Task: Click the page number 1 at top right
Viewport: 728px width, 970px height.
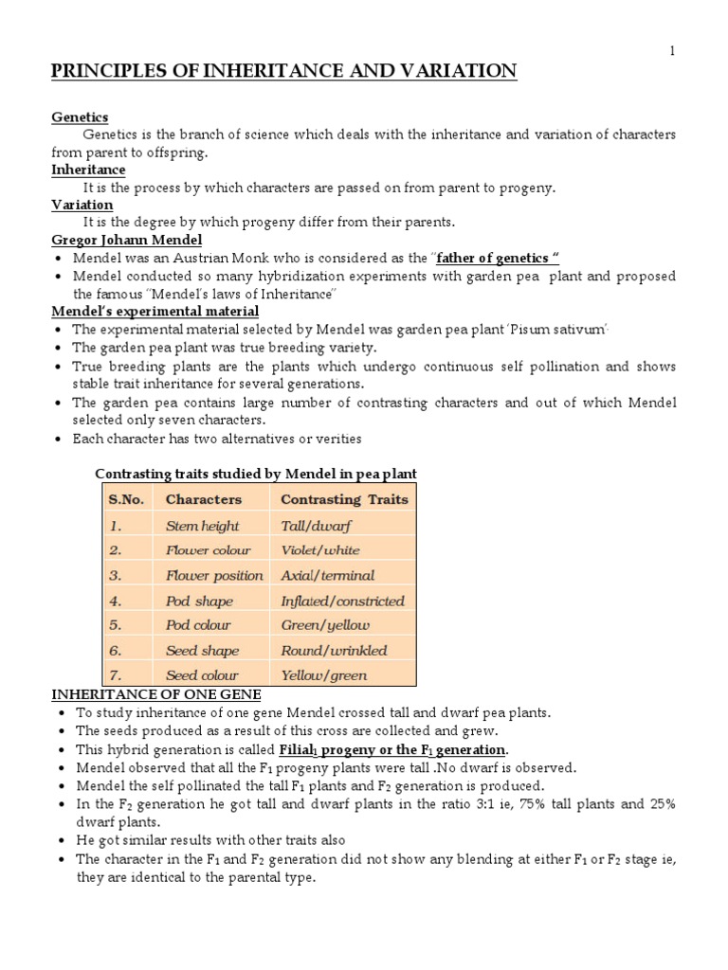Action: (x=672, y=51)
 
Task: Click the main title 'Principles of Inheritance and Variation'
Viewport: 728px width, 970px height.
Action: (x=283, y=72)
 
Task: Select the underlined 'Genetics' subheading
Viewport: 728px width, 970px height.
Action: (x=80, y=117)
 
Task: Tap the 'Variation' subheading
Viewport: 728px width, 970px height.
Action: (x=82, y=205)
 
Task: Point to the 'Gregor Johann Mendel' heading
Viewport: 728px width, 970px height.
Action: (x=126, y=241)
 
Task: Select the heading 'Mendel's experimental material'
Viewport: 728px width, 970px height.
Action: (x=155, y=311)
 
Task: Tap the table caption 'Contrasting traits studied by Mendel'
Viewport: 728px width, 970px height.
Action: (x=256, y=474)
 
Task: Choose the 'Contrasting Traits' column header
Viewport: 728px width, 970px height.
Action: (x=344, y=499)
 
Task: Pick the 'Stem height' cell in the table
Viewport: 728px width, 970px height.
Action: (x=202, y=526)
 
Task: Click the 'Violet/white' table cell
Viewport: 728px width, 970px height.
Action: (x=313, y=550)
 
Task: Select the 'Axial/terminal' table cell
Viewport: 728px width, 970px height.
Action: (x=327, y=575)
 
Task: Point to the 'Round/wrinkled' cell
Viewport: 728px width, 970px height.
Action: (x=334, y=651)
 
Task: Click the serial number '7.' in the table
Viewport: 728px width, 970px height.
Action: (x=116, y=675)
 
